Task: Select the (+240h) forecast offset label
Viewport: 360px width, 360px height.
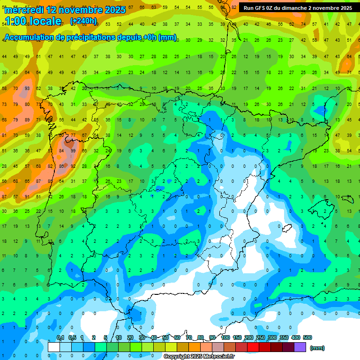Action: (83, 21)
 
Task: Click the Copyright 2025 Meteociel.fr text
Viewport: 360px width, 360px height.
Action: (199, 357)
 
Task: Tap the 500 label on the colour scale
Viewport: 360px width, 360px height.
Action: (307, 337)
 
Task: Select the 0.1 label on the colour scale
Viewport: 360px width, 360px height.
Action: (60, 337)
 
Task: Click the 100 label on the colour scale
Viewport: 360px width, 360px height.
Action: (225, 337)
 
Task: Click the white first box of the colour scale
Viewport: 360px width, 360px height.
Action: (54, 347)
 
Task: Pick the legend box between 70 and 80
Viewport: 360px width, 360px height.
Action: (195, 347)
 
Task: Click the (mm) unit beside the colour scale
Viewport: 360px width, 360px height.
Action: (317, 348)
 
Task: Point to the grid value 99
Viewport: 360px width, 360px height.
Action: (73, 151)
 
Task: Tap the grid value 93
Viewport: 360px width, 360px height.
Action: (27, 89)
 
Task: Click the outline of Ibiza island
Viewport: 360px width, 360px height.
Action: (286, 228)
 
